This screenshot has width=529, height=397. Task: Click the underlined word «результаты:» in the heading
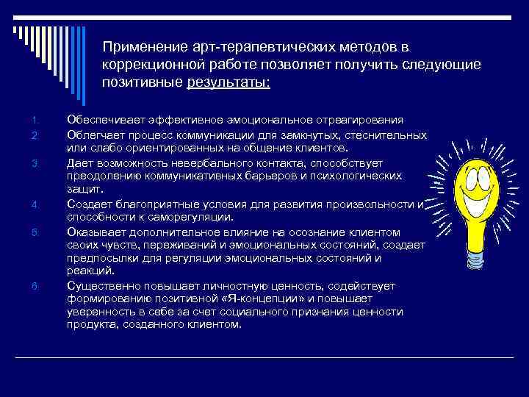(x=228, y=82)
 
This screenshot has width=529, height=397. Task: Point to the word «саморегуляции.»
(x=193, y=217)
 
